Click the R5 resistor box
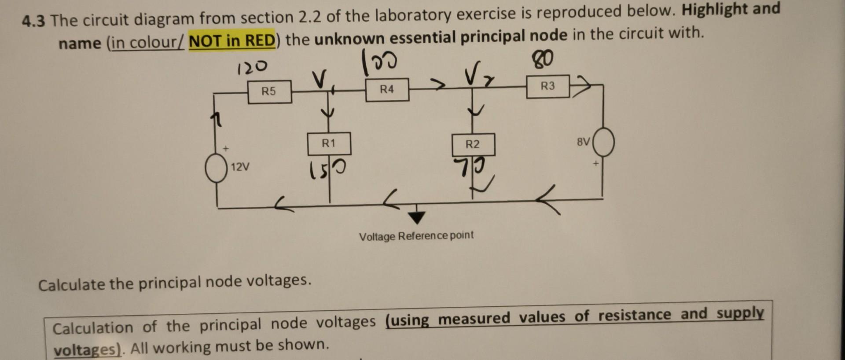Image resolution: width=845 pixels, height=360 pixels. pyautogui.click(x=269, y=92)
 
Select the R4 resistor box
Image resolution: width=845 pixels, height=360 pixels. pyautogui.click(x=387, y=90)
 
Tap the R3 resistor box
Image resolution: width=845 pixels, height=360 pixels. pyautogui.click(x=548, y=86)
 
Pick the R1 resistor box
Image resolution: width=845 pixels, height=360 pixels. pyautogui.click(x=329, y=143)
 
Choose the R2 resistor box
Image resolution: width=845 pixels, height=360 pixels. pyautogui.click(x=473, y=144)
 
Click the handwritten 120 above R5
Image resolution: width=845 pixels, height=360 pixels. pyautogui.click(x=251, y=67)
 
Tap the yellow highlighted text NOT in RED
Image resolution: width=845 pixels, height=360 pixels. pyautogui.click(x=232, y=41)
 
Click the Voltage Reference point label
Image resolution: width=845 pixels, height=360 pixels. pyautogui.click(x=416, y=236)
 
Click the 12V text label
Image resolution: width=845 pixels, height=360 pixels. pyautogui.click(x=240, y=167)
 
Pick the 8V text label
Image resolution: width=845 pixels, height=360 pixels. pyautogui.click(x=583, y=142)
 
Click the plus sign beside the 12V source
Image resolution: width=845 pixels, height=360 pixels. pyautogui.click(x=225, y=149)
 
